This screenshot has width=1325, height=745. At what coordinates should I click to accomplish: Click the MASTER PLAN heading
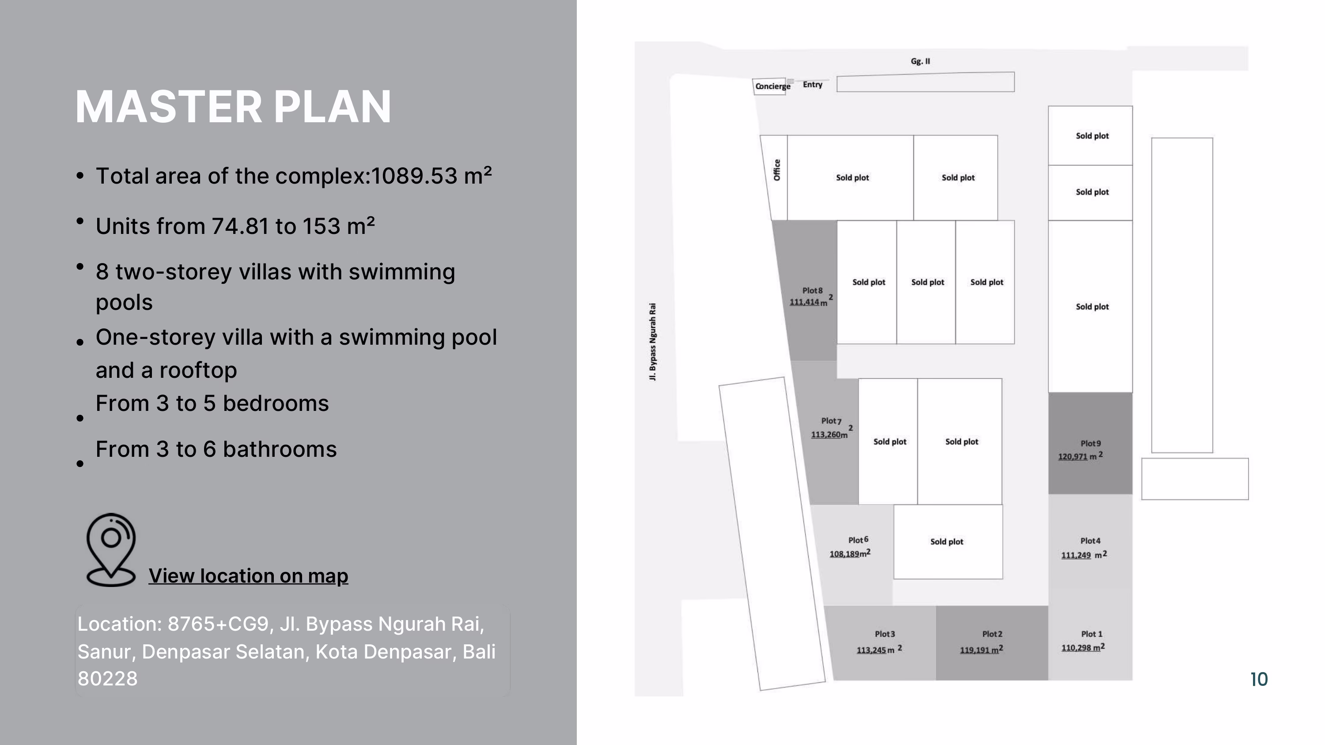233,106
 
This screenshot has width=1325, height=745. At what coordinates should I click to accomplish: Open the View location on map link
248,576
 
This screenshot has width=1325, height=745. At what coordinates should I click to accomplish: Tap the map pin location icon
110,549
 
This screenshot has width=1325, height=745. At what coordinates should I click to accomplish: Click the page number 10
1259,679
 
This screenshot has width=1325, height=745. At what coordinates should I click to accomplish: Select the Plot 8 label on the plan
812,290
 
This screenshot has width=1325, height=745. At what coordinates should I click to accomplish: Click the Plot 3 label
885,634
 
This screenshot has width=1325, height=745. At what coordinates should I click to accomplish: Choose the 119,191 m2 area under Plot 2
981,649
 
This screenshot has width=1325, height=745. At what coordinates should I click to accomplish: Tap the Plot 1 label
1091,634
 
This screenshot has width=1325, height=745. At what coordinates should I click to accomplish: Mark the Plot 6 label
858,540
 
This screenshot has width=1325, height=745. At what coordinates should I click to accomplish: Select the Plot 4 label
1090,541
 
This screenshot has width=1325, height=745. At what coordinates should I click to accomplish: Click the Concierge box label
772,87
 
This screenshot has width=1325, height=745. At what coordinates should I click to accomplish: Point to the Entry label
812,84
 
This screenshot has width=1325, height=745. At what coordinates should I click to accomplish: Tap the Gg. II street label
920,61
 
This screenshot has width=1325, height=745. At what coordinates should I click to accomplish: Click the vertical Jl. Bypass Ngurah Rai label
652,342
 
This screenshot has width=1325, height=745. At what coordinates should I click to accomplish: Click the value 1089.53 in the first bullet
414,176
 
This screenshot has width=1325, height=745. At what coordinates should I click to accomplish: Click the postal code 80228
107,679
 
